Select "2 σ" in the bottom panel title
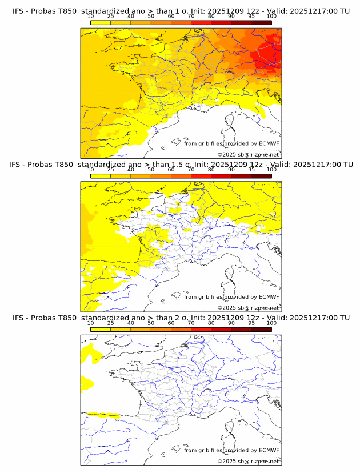click(x=183, y=318)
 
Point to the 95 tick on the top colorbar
click(x=251, y=16)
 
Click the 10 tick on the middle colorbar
click(x=90, y=170)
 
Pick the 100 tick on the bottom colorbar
click(x=271, y=323)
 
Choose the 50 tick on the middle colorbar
click(x=151, y=170)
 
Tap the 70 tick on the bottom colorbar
click(x=191, y=323)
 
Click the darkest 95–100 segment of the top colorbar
click(x=261, y=22)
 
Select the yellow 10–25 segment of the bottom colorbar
click(x=101, y=329)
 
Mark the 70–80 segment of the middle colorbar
click(x=201, y=176)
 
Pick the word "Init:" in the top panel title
click(x=205, y=11)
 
